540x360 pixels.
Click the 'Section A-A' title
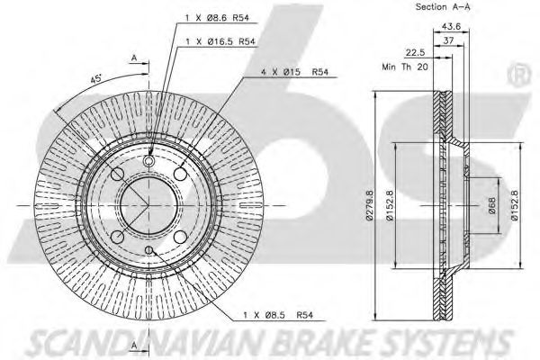tap(443, 6)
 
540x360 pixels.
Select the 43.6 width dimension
tap(451, 26)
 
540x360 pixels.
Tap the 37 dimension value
tap(448, 40)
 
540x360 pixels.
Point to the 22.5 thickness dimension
tap(415, 53)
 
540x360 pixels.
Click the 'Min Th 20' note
tap(405, 67)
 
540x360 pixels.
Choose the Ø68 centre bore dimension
tap(491, 205)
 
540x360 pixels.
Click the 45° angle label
tap(95, 79)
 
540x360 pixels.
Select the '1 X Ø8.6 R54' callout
tap(217, 18)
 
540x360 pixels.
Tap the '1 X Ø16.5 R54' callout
tap(220, 41)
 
